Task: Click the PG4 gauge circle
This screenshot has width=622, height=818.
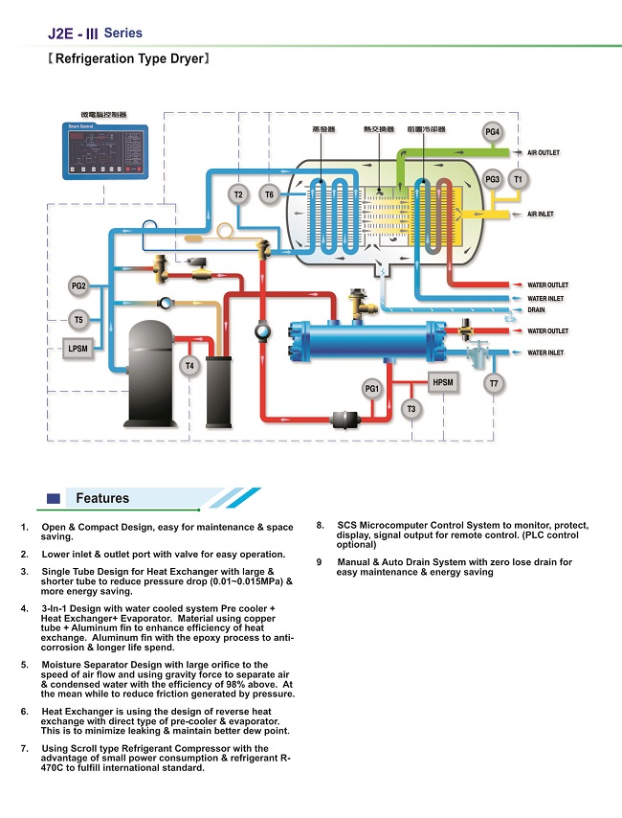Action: (493, 131)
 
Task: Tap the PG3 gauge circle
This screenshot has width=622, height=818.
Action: (493, 179)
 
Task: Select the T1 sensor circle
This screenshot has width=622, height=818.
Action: (519, 179)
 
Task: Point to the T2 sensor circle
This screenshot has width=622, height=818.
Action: (238, 195)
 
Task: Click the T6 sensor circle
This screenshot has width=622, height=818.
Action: (269, 195)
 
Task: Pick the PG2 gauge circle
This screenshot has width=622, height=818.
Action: (78, 286)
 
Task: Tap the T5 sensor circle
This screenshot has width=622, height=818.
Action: (78, 320)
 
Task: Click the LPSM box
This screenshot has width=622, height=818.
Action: (78, 349)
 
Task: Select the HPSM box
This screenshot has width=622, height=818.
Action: (443, 382)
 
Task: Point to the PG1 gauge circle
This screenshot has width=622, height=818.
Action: (372, 389)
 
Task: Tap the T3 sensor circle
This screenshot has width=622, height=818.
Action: (411, 409)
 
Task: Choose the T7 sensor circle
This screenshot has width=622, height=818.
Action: (494, 384)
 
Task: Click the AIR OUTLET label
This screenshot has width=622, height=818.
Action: (544, 153)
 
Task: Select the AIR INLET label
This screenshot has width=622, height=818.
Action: (541, 215)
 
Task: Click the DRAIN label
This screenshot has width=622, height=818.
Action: (537, 310)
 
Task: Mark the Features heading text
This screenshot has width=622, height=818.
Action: (102, 498)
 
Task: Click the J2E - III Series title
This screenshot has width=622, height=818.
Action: (95, 34)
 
